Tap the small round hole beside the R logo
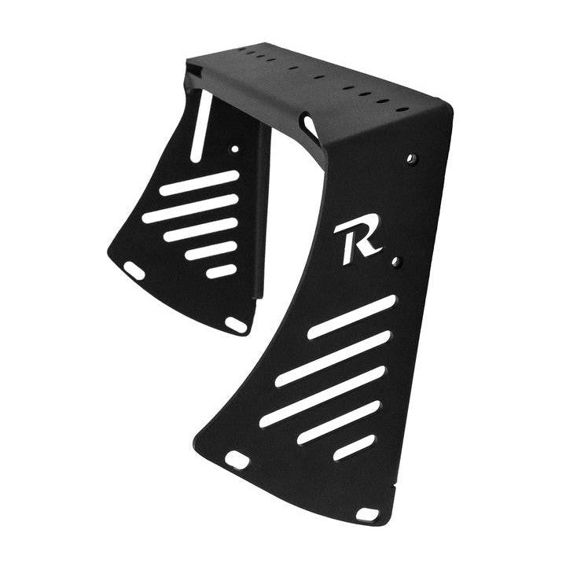coord(396,260)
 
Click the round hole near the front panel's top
coord(412,159)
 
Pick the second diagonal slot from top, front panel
coord(333,358)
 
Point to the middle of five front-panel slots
coord(322,397)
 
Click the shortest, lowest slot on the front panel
coord(354,447)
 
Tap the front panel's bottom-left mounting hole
coord(237,459)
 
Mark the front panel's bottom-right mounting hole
coord(367,513)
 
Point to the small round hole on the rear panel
coord(234,148)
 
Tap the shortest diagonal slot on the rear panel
coord(221,271)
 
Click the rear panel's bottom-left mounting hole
coord(134,270)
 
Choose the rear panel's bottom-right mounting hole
coord(236,323)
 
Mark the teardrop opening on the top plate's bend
coord(308,124)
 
